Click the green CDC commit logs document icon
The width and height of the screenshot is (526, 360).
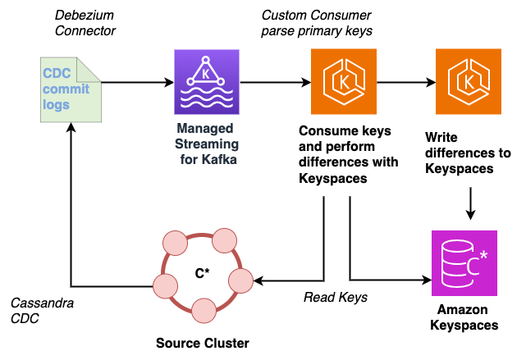(70, 89)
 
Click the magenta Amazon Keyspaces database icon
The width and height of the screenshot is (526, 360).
(464, 262)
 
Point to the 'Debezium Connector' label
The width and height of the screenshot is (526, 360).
(85, 23)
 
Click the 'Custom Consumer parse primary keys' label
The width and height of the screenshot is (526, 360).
(316, 23)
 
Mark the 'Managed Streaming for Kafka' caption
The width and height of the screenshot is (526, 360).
(206, 144)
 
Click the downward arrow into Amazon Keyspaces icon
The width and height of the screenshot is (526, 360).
(470, 204)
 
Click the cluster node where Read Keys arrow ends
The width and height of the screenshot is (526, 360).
(238, 280)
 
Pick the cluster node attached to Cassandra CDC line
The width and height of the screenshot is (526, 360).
(166, 286)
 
